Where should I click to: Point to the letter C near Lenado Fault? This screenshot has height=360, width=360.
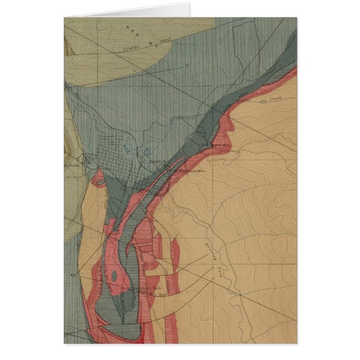pos(186,65)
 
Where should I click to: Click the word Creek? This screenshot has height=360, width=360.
pos(276,98)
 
